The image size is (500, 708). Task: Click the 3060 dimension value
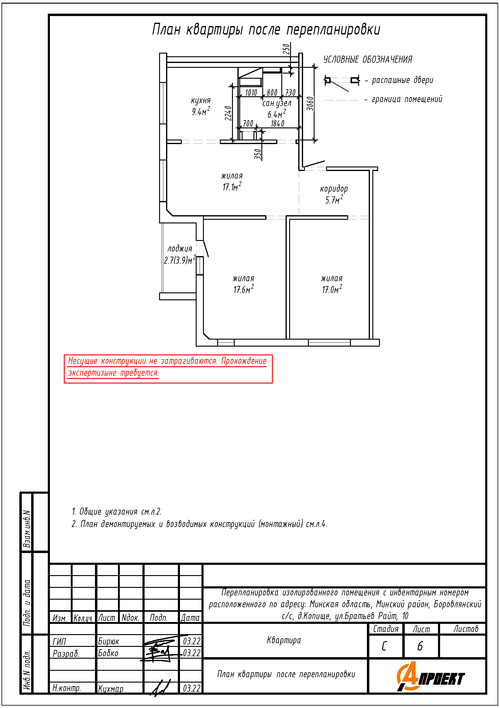[310, 103]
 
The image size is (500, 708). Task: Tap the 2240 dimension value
[228, 113]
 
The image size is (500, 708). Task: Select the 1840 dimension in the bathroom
[278, 124]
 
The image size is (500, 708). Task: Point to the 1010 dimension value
[251, 93]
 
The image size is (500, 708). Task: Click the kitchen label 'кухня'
[201, 100]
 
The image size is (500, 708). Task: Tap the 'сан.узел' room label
[277, 103]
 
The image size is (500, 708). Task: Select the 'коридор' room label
[334, 189]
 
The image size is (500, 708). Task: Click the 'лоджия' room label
[180, 249]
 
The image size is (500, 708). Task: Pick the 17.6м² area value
[244, 289]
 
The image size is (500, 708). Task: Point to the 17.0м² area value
[332, 289]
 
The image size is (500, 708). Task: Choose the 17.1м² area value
[232, 186]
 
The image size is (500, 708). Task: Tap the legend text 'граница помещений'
[407, 99]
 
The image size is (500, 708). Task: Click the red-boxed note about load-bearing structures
[168, 369]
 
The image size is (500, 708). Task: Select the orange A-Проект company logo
[430, 677]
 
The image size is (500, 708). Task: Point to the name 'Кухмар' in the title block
[111, 688]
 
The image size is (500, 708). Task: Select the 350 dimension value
[258, 154]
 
